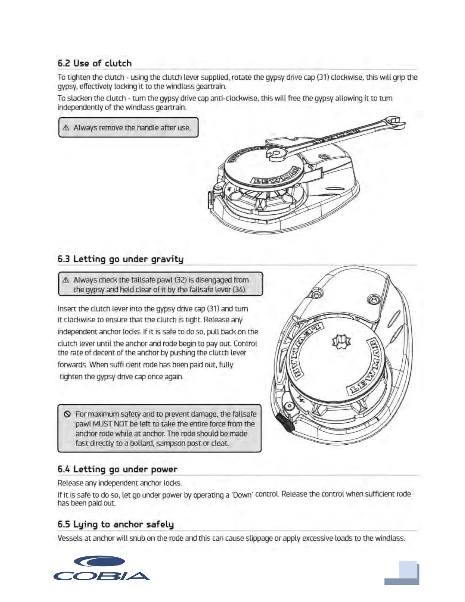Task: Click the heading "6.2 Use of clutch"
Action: (x=95, y=63)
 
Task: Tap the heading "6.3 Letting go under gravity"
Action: (x=120, y=259)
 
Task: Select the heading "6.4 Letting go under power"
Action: (x=117, y=469)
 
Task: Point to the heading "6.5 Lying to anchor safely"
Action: (x=115, y=524)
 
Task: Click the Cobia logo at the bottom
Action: (x=101, y=569)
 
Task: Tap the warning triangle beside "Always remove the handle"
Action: (x=66, y=128)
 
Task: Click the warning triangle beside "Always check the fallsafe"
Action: (x=66, y=280)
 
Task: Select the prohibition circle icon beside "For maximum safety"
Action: (x=68, y=414)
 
